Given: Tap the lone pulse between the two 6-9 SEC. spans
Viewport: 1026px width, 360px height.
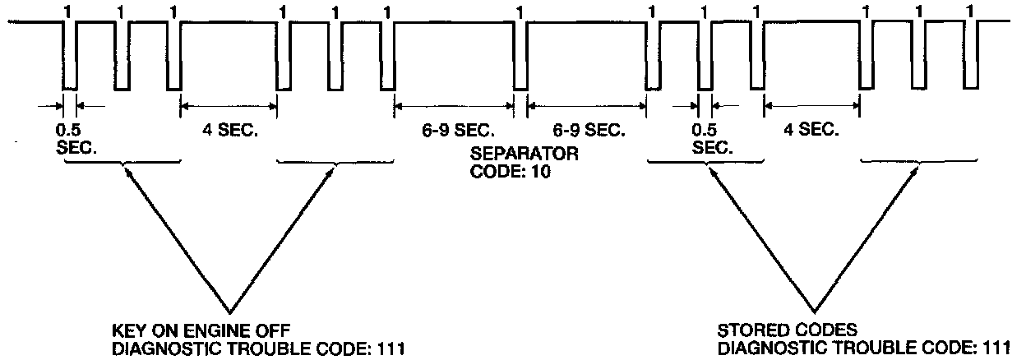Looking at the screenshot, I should point(520,58).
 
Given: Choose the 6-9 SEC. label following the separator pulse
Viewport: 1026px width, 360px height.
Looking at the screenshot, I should point(586,130).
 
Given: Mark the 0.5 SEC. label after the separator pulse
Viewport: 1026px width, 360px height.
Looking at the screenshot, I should point(712,138).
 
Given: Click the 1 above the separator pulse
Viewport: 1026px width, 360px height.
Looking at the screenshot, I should point(519,11).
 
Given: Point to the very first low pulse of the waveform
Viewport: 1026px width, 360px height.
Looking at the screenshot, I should point(70,58).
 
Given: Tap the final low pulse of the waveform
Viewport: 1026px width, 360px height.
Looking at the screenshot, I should point(973,58).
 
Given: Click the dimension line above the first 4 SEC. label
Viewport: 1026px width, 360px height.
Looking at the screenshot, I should point(229,104).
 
